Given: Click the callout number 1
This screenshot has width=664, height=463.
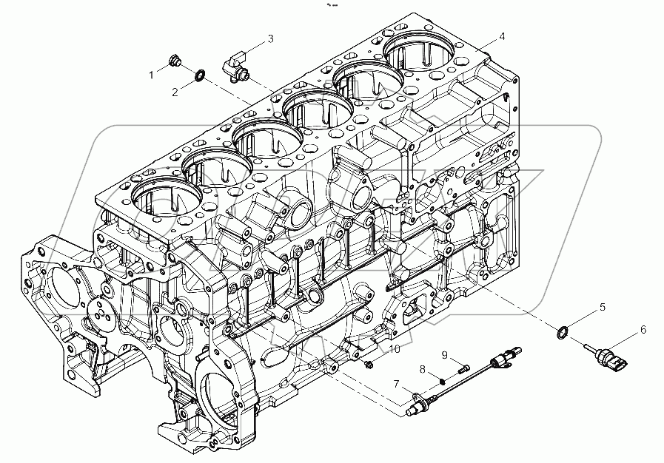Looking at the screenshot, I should click(152, 75).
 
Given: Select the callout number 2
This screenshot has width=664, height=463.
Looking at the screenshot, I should click(175, 92).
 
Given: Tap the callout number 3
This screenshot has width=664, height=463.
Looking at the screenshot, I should click(270, 38).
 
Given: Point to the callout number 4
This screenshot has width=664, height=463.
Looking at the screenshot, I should click(502, 36).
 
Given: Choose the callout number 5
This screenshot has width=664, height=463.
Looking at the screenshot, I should click(602, 306).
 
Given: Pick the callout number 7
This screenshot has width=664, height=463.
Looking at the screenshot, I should click(397, 383).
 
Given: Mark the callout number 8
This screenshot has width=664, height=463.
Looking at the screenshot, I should click(422, 368).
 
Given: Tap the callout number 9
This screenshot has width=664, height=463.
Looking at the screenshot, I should click(445, 354).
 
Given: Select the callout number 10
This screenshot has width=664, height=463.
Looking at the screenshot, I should click(394, 348).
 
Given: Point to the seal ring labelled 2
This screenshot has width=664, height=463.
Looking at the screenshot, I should click(200, 75).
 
